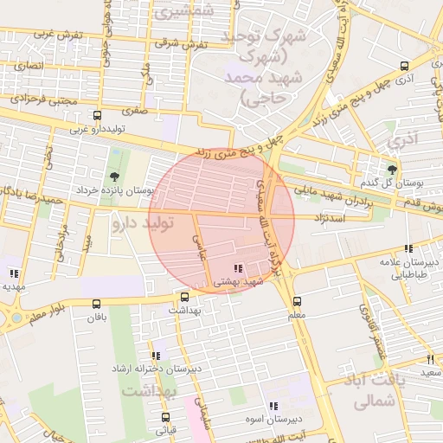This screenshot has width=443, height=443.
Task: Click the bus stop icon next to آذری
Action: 405,66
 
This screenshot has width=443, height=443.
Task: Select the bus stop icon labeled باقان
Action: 96,304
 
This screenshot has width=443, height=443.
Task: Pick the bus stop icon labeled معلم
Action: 297,302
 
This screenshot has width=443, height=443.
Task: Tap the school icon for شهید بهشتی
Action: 238,268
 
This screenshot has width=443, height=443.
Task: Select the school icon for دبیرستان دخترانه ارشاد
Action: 156,355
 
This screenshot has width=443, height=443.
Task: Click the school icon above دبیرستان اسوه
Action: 273,406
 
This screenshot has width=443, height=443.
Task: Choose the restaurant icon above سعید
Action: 430,358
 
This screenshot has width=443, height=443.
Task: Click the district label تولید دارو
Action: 143,224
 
